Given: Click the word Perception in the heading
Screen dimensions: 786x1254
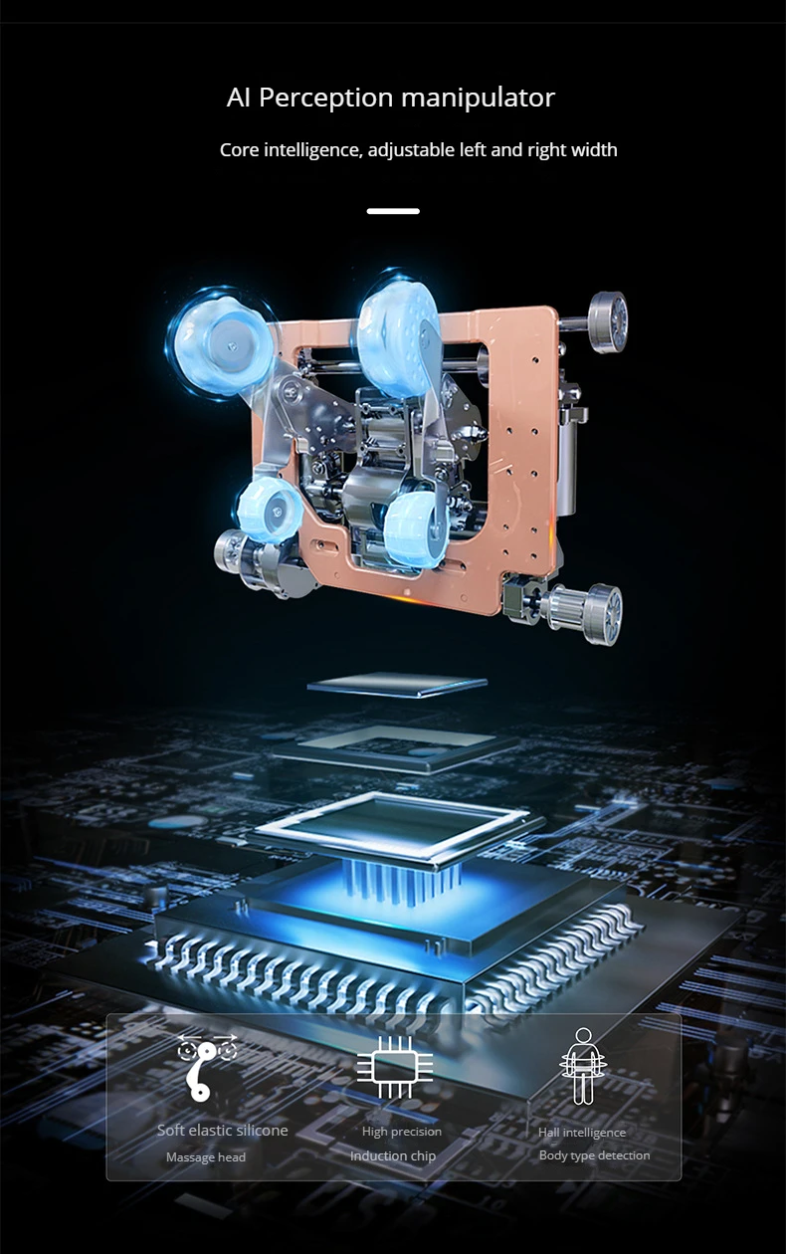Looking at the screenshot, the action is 325,99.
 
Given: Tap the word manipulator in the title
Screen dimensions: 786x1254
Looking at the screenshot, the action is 479,98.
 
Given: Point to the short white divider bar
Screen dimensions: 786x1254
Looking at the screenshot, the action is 393,211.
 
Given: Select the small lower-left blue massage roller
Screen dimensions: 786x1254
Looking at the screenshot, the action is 270,511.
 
